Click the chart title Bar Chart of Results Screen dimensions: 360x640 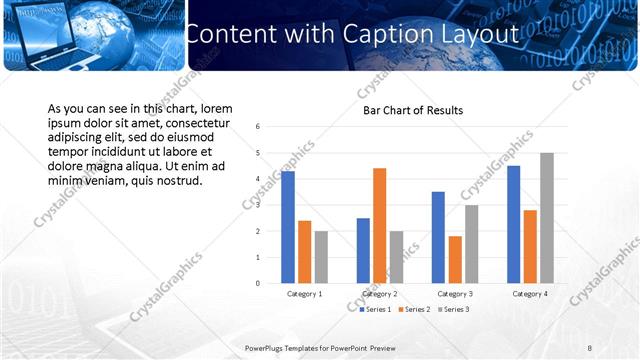pos(412,110)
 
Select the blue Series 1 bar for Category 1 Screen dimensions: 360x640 pos(288,227)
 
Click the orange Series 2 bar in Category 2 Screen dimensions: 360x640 pos(380,225)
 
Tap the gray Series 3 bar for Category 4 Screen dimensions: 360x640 pos(547,218)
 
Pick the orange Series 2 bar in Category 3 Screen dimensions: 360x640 pos(455,259)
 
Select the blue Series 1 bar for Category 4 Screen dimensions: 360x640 pos(513,224)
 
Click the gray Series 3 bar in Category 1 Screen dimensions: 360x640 pos(322,257)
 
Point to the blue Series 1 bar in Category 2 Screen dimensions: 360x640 pos(363,250)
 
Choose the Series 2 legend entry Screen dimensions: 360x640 pos(415,310)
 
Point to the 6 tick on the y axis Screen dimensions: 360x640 pos(258,127)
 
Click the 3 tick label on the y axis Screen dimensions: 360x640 pos(258,205)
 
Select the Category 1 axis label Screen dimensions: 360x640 pos(305,294)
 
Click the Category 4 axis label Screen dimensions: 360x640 pos(530,294)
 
